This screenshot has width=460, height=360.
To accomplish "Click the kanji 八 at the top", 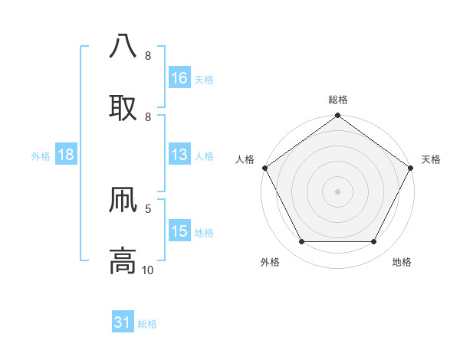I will tap(123, 46).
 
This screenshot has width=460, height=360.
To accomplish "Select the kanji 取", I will tap(123, 106).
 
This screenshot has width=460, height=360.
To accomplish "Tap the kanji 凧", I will tap(123, 199).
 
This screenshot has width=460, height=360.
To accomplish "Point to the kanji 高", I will tap(123, 260).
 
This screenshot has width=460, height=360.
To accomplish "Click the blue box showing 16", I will tap(179, 77).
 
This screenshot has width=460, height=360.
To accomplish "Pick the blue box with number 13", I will tap(179, 155).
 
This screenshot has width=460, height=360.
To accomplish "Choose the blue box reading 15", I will tap(179, 231).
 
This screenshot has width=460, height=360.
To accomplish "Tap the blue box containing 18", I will tap(66, 155).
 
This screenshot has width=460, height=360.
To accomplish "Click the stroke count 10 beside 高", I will tap(148, 270).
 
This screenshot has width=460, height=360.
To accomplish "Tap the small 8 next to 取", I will tap(148, 116).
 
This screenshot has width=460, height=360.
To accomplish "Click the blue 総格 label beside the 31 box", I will tap(147, 324).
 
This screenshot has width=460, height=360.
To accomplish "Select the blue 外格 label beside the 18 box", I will tap(41, 155).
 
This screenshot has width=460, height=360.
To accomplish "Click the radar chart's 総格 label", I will tap(338, 100).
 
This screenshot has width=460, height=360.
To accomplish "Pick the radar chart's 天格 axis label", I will tap(431, 159).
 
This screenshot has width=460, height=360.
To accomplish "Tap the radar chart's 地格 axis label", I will tap(402, 262).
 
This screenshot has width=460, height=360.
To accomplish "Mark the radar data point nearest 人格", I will tap(264, 167).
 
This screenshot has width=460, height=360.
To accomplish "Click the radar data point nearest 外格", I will tap(301, 242).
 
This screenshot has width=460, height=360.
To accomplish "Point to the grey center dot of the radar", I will tap(338, 191).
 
